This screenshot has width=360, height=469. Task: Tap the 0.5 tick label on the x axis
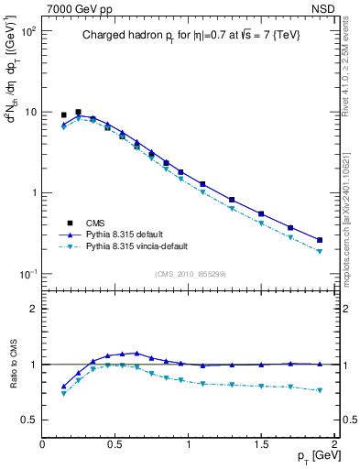pyautogui.click(x=115, y=443)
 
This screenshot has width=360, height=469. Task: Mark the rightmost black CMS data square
pyautogui.click(x=320, y=240)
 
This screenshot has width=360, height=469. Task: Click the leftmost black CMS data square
pyautogui.click(x=63, y=115)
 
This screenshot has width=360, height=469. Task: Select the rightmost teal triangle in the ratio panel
pyautogui.click(x=320, y=390)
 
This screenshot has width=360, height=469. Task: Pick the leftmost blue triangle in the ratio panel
pyautogui.click(x=63, y=387)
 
